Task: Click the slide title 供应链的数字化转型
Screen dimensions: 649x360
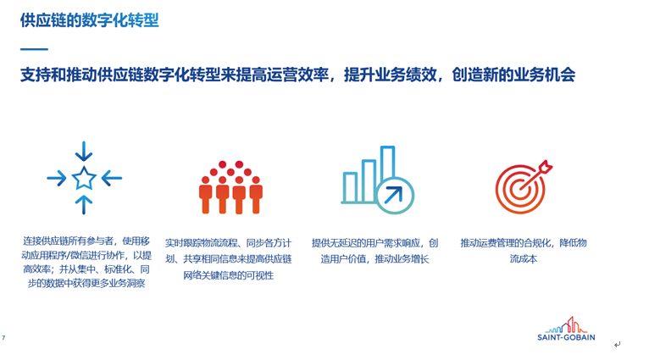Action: pyautogui.click(x=90, y=19)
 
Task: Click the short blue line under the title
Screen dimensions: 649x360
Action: pyautogui.click(x=35, y=49)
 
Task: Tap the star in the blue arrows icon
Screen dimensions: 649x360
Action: pyautogui.click(x=84, y=178)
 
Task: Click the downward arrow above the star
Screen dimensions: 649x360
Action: pyautogui.click(x=84, y=151)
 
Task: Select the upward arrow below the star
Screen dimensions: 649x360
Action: pyautogui.click(x=84, y=205)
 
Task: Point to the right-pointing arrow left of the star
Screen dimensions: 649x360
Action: pyautogui.click(x=57, y=179)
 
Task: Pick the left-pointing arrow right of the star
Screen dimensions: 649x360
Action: pyautogui.click(x=112, y=179)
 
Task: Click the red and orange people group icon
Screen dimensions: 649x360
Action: pyautogui.click(x=230, y=187)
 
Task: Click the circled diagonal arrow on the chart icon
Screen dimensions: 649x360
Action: pyautogui.click(x=395, y=196)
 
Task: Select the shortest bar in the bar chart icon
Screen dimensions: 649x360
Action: pyautogui.click(x=350, y=187)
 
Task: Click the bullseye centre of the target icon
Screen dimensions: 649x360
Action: pyautogui.click(x=519, y=191)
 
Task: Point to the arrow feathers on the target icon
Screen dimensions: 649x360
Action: pyautogui.click(x=546, y=167)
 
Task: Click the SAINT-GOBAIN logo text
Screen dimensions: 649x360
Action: pyautogui.click(x=566, y=337)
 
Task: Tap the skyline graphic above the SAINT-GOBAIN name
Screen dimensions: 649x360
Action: pyautogui.click(x=566, y=325)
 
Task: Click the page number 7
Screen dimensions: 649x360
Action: pyautogui.click(x=3, y=338)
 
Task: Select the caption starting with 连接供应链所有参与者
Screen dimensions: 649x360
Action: pyautogui.click(x=86, y=262)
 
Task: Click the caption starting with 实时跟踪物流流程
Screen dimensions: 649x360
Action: pyautogui.click(x=229, y=259)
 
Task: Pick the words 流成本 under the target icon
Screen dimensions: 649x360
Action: pyautogui.click(x=524, y=259)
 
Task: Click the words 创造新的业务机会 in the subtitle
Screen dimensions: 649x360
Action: pyautogui.click(x=513, y=75)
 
